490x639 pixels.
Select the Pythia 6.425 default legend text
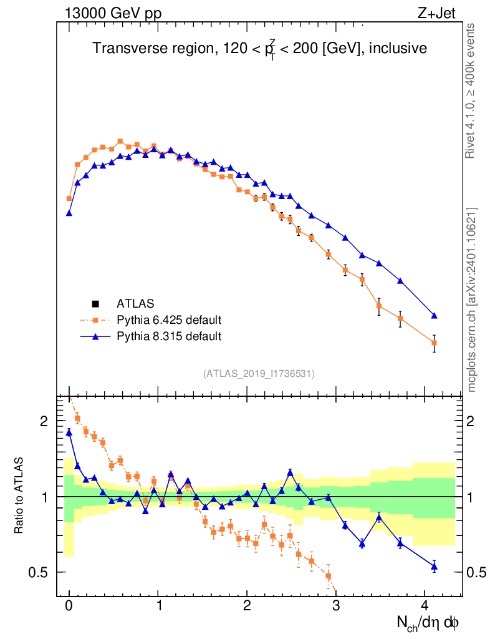tap(169, 320)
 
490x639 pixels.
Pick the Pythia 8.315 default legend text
tap(169, 336)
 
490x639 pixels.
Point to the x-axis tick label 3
tap(335, 605)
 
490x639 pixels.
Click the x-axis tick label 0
tap(69, 605)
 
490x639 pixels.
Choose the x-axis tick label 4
tap(425, 605)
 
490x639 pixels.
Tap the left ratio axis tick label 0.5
tap(41, 572)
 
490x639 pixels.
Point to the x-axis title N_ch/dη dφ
tap(429, 623)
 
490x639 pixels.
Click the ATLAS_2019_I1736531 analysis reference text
tap(259, 374)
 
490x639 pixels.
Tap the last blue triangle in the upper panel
tap(434, 316)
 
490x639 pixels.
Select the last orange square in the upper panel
tap(434, 343)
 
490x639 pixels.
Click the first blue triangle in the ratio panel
tap(69, 432)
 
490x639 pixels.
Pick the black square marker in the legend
tap(95, 304)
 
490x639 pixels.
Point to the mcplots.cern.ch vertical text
tap(472, 300)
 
